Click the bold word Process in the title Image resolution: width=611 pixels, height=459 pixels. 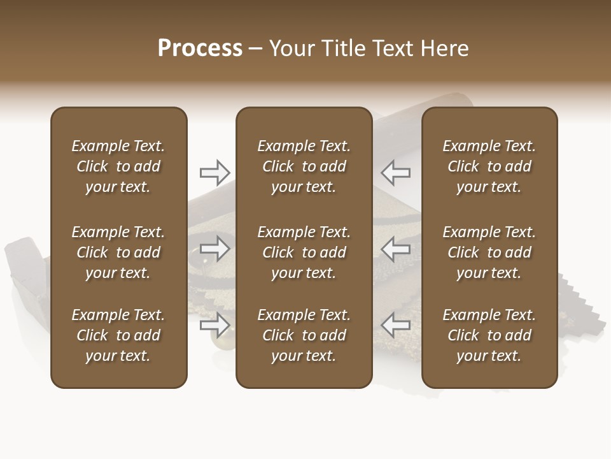pos(200,48)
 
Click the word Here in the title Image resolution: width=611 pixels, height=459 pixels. pos(444,48)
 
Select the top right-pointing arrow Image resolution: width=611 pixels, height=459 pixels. pos(215,172)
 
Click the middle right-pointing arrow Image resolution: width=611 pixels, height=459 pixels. pos(215,249)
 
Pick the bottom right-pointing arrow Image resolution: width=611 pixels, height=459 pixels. pos(215,325)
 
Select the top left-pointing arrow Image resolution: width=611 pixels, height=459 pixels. pos(396,172)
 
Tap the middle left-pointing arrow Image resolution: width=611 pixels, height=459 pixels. pos(396,249)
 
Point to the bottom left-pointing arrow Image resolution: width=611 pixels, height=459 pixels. pos(396,325)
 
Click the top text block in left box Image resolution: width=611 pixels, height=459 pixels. pos(118,166)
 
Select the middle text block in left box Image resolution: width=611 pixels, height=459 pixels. pos(118,252)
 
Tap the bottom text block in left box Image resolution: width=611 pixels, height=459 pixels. pos(118,335)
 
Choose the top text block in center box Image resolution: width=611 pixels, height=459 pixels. pos(304,166)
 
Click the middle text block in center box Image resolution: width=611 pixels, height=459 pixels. pos(304,252)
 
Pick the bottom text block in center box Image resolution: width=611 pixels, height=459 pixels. pos(304,335)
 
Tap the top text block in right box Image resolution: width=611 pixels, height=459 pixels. pos(489,166)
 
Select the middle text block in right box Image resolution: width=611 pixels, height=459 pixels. pos(489,252)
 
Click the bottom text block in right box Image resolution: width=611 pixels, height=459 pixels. pos(489,335)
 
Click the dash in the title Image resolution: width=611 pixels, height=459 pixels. pos(255,49)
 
